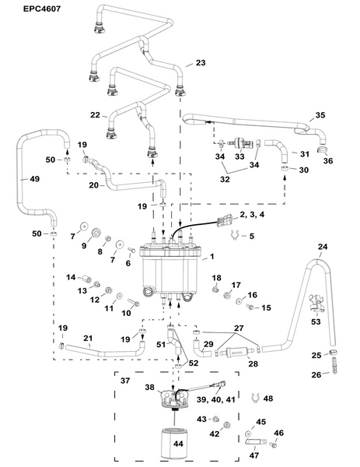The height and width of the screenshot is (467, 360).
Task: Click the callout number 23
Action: (x=201, y=62)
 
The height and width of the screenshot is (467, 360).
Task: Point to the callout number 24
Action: (x=323, y=248)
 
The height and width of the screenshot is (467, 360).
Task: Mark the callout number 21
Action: (x=68, y=340)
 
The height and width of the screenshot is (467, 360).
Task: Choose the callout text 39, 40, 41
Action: (x=225, y=399)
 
